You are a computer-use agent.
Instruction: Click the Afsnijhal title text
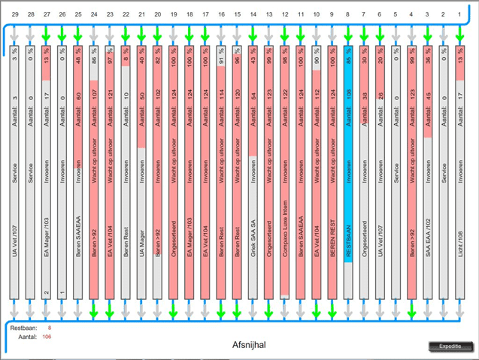[x=250, y=344]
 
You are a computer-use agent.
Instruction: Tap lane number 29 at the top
[x=14, y=14]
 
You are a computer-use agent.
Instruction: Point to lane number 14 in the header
[x=253, y=14]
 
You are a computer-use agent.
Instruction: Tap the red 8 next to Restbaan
[x=50, y=328]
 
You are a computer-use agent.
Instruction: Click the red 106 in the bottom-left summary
[x=47, y=337]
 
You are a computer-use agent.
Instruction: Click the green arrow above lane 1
[x=461, y=33]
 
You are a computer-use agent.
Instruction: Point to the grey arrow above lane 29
[x=14, y=33]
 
